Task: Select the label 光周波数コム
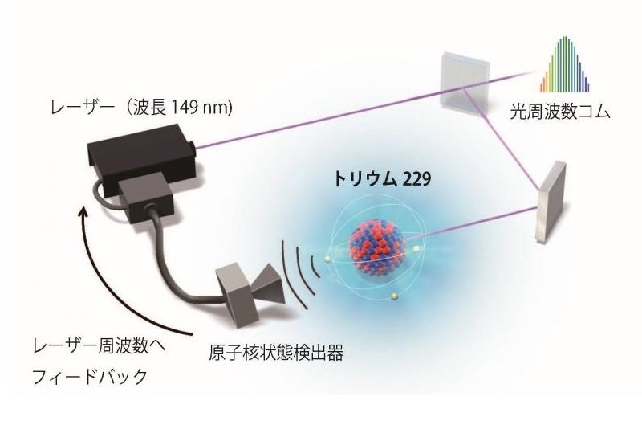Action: (559, 113)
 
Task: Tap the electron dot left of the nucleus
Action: (328, 258)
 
